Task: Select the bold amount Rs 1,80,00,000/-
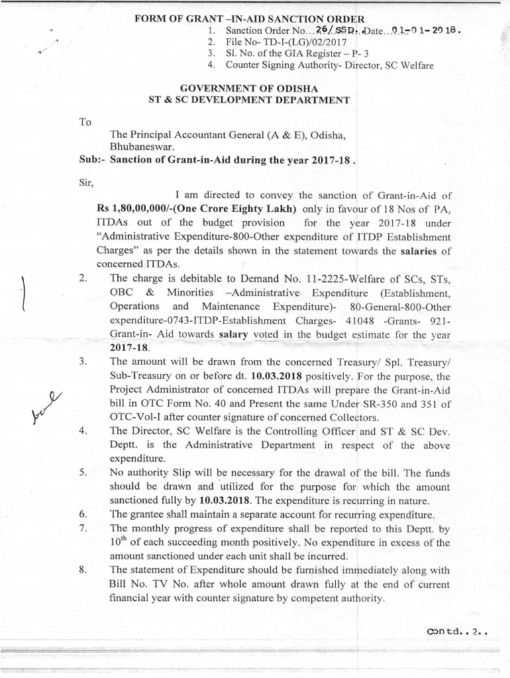click(134, 208)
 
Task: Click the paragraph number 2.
click(82, 279)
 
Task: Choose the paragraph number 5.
click(82, 473)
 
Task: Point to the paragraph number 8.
click(82, 570)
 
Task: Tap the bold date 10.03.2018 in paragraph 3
click(268, 375)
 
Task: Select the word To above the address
click(85, 122)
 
